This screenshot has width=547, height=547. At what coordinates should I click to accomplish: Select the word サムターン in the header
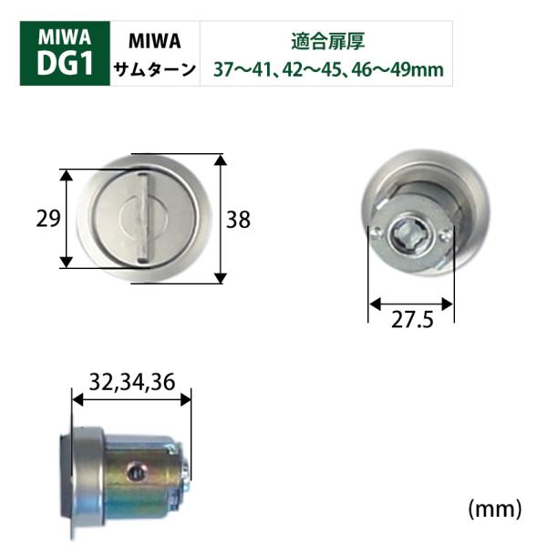pyautogui.click(x=153, y=70)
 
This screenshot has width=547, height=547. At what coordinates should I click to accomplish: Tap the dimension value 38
pyautogui.click(x=238, y=220)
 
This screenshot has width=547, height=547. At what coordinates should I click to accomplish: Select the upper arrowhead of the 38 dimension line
pyautogui.click(x=220, y=160)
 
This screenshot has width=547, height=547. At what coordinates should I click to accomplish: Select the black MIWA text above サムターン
pyautogui.click(x=153, y=41)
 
